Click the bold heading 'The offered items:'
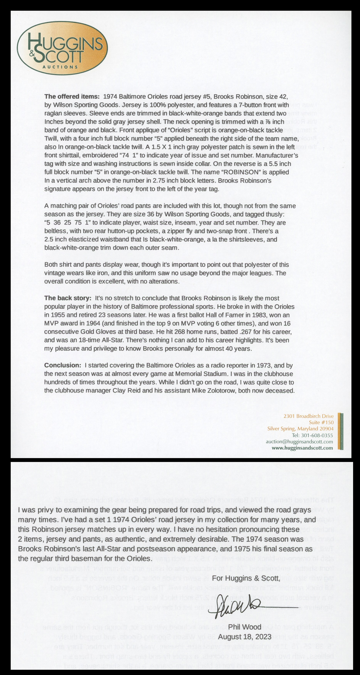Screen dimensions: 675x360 [x=72, y=96]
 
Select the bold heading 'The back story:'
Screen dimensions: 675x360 [x=68, y=298]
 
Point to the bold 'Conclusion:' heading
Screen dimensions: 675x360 [x=63, y=365]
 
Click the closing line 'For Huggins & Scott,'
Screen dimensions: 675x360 [x=246, y=578]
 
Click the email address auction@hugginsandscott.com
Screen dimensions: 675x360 [x=299, y=441]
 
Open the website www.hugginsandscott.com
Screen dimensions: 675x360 [x=302, y=448]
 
